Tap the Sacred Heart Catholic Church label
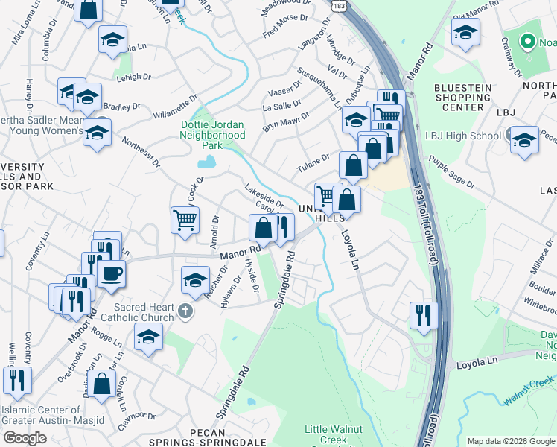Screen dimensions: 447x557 coord(144,312)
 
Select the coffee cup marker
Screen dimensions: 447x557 coord(111,273)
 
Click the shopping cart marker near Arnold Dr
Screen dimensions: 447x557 coord(185,220)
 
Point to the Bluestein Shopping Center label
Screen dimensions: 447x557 coord(462,97)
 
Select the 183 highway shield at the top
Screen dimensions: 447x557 coord(338,5)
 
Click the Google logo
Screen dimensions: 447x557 coord(24,438)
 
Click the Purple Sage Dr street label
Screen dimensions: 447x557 coord(451,173)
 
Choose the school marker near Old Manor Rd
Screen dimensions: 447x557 coord(465,33)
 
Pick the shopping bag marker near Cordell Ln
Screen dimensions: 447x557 coord(104,384)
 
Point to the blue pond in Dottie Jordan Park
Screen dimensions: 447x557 coord(209,161)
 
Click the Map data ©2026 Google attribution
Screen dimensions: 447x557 coord(510,441)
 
